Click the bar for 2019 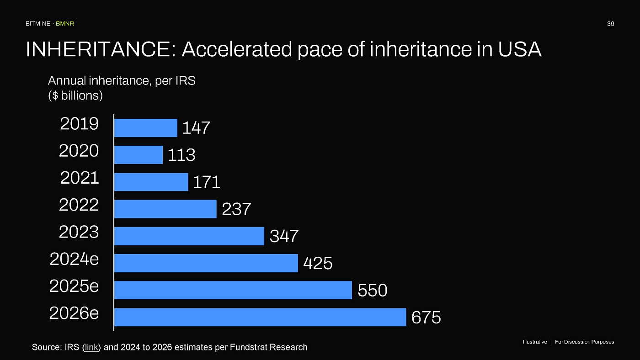(x=146, y=128)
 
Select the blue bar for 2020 (x=139, y=155)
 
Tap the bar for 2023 (x=189, y=236)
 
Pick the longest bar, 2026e (x=260, y=317)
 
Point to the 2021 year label (x=80, y=178)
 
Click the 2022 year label (x=79, y=205)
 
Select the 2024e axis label (x=74, y=259)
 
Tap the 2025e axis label (x=74, y=286)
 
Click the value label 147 (x=196, y=127)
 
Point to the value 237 (x=236, y=209)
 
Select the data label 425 (x=318, y=263)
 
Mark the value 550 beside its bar (x=372, y=291)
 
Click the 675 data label (x=426, y=318)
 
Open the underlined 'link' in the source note (x=91, y=347)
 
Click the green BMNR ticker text (x=65, y=24)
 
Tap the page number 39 (x=611, y=24)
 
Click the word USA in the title (x=519, y=49)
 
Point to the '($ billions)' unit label (x=75, y=95)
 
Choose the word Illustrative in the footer (x=535, y=342)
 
